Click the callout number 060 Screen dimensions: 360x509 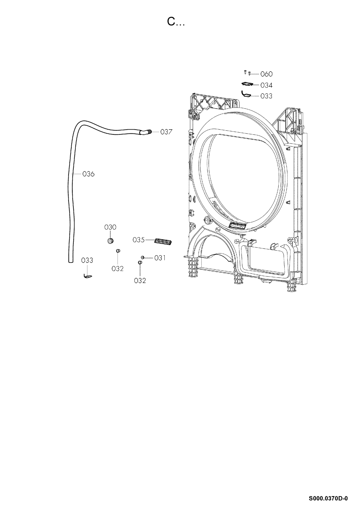click(x=266, y=74)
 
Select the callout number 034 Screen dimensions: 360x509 click(x=266, y=85)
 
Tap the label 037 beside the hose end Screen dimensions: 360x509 click(x=166, y=132)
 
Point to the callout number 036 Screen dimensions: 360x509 click(x=88, y=174)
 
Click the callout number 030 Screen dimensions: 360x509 click(x=110, y=227)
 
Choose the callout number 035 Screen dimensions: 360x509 click(x=139, y=240)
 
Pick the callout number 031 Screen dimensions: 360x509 click(x=160, y=258)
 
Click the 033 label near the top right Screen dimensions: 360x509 click(x=266, y=96)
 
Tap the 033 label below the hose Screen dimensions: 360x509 click(x=87, y=260)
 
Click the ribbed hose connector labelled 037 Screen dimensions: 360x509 click(x=149, y=132)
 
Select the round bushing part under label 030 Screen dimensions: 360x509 click(x=110, y=241)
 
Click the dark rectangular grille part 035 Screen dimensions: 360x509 click(x=163, y=242)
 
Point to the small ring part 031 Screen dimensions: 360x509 click(x=142, y=257)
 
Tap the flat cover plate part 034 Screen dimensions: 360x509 click(x=247, y=84)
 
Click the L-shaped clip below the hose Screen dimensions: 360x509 click(x=88, y=276)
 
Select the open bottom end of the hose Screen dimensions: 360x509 click(x=71, y=262)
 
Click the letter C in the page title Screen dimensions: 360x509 click(x=171, y=22)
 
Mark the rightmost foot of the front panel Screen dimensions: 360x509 click(x=291, y=286)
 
